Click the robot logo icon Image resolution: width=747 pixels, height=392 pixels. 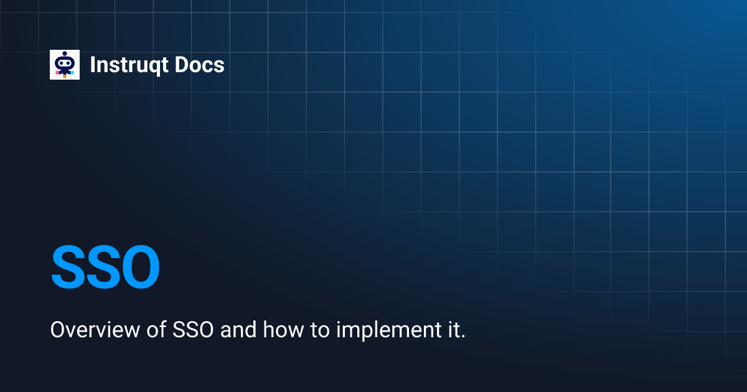[x=65, y=65]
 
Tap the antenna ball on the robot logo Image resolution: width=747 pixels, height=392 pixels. [x=65, y=54]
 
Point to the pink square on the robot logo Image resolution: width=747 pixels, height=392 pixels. [x=57, y=73]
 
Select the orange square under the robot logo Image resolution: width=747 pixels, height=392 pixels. [x=65, y=76]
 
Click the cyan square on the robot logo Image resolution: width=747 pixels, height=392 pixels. [x=72, y=73]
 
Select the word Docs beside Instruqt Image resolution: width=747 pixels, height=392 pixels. [x=199, y=65]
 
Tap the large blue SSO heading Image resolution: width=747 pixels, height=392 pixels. [x=105, y=268]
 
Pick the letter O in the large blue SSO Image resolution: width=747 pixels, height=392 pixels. [x=138, y=268]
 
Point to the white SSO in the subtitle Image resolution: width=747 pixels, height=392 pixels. [x=190, y=330]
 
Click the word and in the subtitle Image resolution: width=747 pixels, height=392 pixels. [x=238, y=330]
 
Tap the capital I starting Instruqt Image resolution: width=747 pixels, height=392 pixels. [x=93, y=65]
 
